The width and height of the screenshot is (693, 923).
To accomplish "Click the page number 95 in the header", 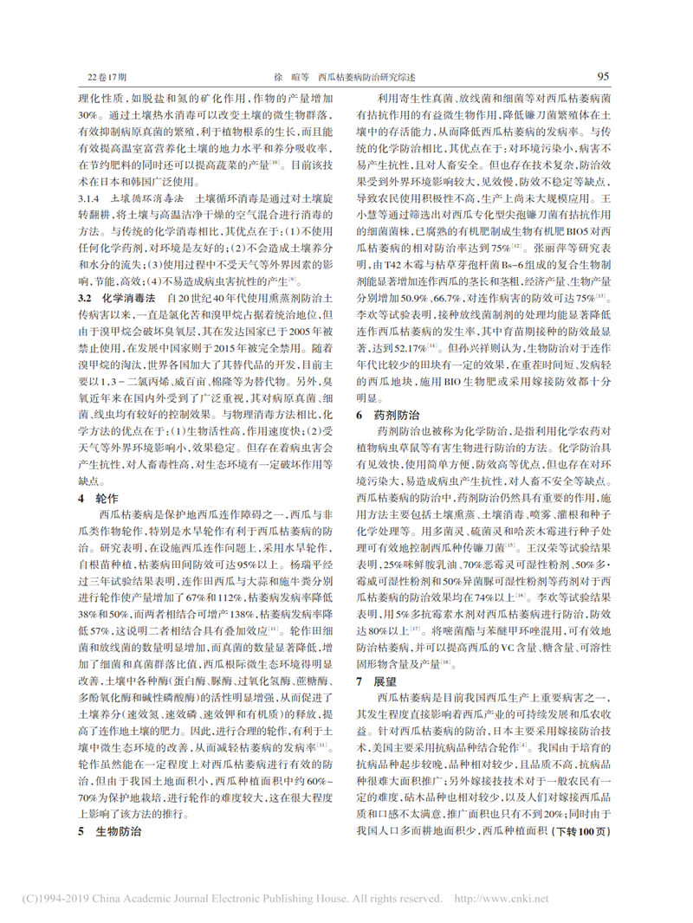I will pyautogui.click(x=604, y=76).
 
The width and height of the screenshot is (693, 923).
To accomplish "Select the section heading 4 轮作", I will pyautogui.click(x=97, y=500).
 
